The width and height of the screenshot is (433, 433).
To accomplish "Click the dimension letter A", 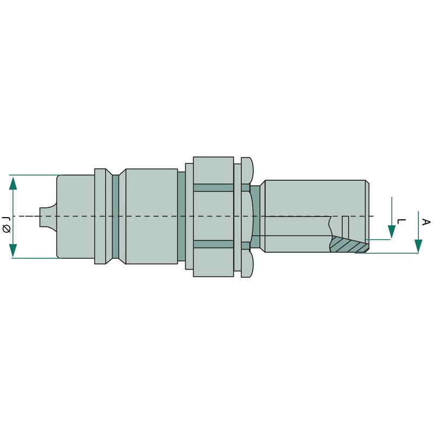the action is pos(426,222).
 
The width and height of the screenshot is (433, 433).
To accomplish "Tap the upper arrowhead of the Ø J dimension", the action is pos(13,183).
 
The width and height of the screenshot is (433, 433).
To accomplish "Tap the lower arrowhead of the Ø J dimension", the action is pos(13,250).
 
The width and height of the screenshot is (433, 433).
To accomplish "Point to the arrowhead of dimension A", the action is pos(418,246).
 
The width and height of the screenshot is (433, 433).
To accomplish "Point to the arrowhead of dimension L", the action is pos(391,232).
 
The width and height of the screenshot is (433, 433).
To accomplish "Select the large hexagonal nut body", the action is pos(213,217).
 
